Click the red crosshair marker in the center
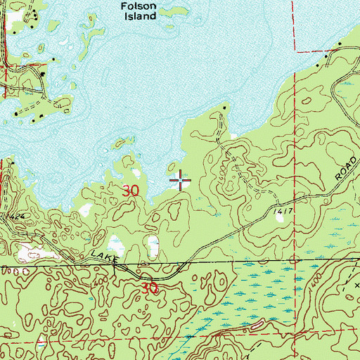[181, 181]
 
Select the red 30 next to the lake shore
[131, 190]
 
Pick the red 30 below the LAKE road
[148, 288]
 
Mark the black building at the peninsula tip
[225, 108]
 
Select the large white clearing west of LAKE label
[30, 252]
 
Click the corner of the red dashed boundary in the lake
[293, 51]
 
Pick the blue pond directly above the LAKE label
[117, 245]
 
